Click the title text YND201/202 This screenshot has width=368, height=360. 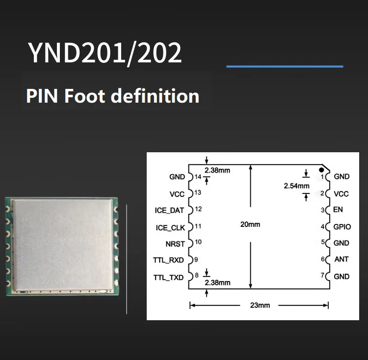(105, 53)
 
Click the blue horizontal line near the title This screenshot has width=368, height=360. (285, 66)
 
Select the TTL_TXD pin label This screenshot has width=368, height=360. (168, 277)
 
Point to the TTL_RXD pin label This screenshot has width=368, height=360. (168, 260)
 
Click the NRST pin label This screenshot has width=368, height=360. (175, 243)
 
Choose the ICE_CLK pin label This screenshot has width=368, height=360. (170, 227)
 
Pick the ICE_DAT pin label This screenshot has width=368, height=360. (170, 210)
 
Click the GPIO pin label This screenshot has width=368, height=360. (342, 227)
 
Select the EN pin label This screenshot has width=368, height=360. (338, 210)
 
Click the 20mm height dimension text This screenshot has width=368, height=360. (250, 224)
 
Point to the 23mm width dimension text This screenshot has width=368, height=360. (260, 305)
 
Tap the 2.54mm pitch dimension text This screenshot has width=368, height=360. (296, 186)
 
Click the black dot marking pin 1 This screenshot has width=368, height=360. (321, 169)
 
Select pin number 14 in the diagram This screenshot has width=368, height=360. (198, 176)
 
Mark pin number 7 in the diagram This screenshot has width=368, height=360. (322, 275)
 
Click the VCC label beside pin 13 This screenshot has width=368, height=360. (177, 194)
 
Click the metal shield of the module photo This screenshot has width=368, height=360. (62, 244)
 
